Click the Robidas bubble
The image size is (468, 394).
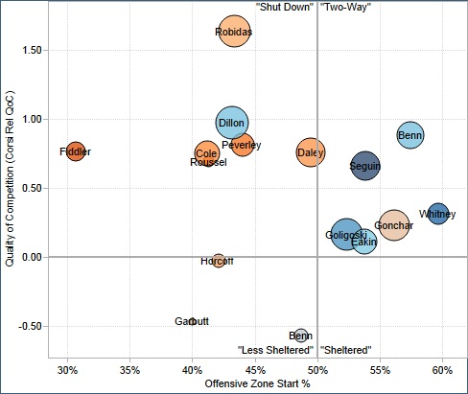[235, 32]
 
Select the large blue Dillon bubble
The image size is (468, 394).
[232, 123]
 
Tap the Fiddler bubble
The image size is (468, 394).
[76, 151]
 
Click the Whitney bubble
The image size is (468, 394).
[438, 214]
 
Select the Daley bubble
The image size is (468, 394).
[310, 151]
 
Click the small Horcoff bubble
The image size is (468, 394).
[219, 261]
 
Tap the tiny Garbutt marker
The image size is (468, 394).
[192, 321]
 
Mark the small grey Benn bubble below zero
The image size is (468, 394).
[301, 336]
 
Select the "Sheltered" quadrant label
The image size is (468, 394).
[346, 350]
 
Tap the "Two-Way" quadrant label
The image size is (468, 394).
[345, 7]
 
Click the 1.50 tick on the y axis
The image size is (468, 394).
[33, 50]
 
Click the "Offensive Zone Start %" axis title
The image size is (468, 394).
[255, 384]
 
